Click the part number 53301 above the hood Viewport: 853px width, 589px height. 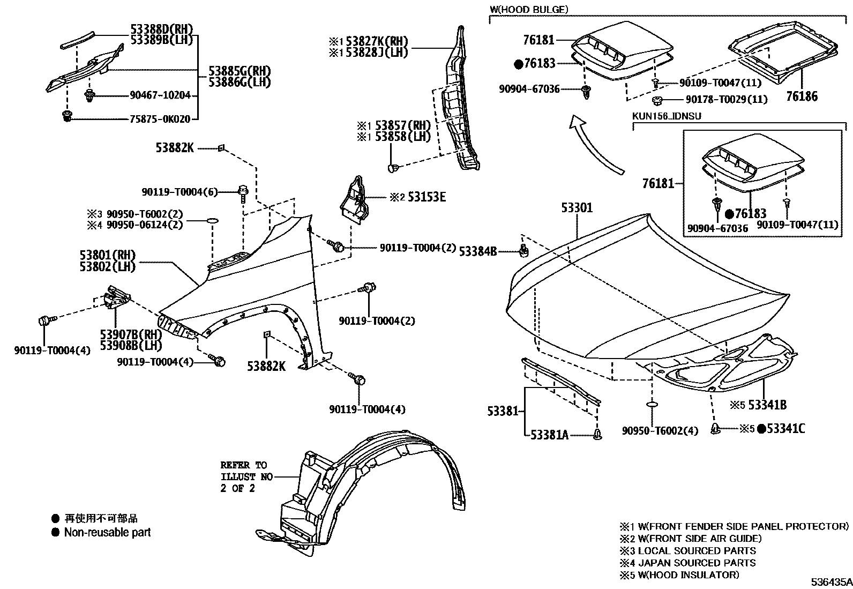pyautogui.click(x=577, y=208)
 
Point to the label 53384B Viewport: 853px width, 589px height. pyautogui.click(x=478, y=251)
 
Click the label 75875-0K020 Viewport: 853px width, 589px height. pyautogui.click(x=160, y=120)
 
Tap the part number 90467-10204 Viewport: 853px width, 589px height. pyautogui.click(x=160, y=95)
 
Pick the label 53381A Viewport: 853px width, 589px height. pyautogui.click(x=550, y=435)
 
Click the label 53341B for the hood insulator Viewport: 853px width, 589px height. pyautogui.click(x=767, y=405)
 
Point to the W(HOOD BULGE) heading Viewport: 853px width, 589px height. pyautogui.click(x=528, y=10)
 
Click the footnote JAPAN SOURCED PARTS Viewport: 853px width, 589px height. pyautogui.click(x=697, y=563)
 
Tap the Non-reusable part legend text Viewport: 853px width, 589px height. pyautogui.click(x=107, y=533)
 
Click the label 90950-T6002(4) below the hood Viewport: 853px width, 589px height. pyautogui.click(x=660, y=431)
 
